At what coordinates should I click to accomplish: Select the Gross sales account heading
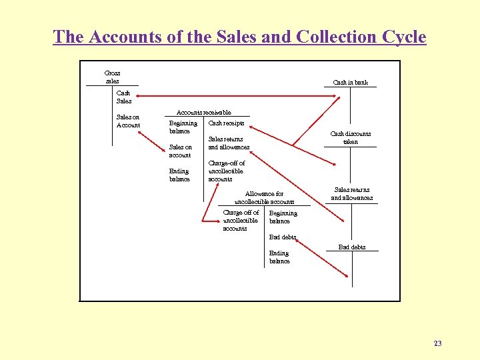(112, 77)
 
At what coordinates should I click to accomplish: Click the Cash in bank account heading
(350, 83)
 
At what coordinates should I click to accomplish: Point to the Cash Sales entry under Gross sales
(124, 97)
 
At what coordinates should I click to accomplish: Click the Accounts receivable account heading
(203, 113)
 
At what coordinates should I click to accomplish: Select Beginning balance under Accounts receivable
(183, 127)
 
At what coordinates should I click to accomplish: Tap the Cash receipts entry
(226, 123)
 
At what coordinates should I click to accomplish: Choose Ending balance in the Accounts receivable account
(179, 175)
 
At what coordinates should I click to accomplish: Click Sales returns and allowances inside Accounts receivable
(229, 143)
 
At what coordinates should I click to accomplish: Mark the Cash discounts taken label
(351, 137)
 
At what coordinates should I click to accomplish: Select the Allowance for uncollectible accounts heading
(264, 197)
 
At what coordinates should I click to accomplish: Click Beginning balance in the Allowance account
(283, 217)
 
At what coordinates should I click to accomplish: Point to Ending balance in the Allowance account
(279, 257)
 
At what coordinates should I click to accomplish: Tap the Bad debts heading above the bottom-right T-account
(352, 247)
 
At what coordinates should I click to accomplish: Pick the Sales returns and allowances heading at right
(352, 194)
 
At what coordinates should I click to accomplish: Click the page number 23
(437, 343)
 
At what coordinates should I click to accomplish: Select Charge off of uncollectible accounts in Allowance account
(240, 221)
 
